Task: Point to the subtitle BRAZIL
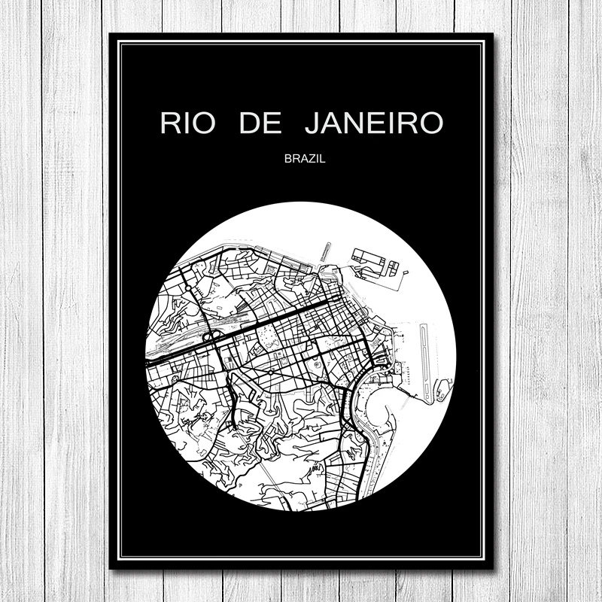point(301,159)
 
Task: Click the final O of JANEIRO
point(429,123)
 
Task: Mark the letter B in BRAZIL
point(288,159)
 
